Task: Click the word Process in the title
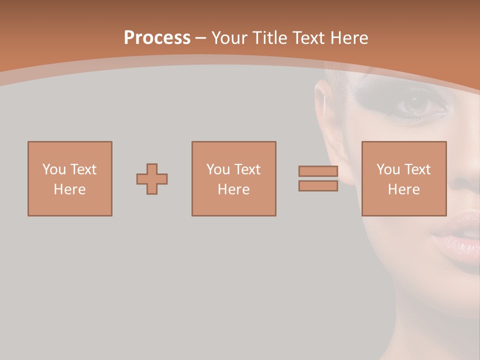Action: click(x=157, y=38)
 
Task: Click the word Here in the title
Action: click(x=350, y=38)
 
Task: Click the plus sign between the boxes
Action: click(x=152, y=179)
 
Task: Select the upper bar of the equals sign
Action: click(x=318, y=171)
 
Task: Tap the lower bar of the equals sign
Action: click(x=318, y=186)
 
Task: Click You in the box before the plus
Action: click(x=54, y=169)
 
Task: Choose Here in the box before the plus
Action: click(x=69, y=189)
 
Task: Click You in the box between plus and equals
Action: click(x=218, y=169)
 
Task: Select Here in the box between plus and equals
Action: click(x=233, y=189)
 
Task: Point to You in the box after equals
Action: click(x=388, y=169)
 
